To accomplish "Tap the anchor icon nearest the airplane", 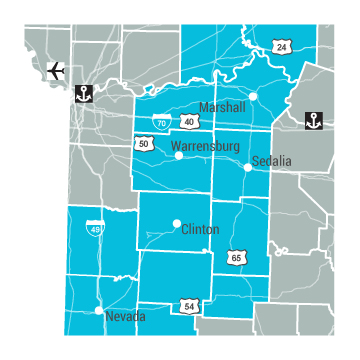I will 85,95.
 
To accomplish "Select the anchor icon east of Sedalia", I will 313,121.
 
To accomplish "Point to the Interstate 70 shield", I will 161,122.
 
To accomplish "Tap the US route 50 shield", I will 144,144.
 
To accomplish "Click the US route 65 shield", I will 236,258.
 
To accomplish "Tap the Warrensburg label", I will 206,147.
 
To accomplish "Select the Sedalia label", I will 272,160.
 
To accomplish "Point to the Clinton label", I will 200,229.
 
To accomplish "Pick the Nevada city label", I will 125,317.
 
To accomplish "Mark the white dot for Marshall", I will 254,97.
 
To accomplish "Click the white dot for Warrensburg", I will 179,155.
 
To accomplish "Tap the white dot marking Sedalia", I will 248,167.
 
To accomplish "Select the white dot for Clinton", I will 176,223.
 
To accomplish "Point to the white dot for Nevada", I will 98,312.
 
